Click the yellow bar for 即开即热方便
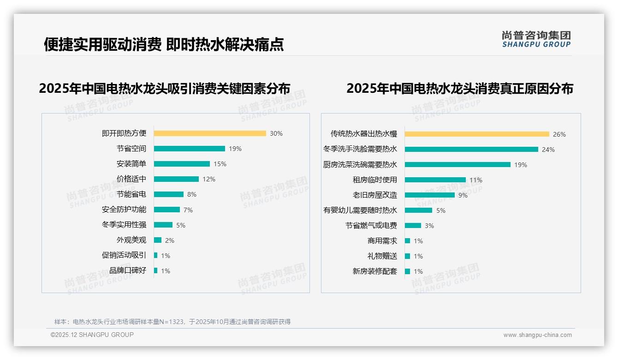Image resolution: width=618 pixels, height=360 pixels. [x=210, y=133]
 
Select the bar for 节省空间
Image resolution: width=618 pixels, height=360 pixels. [x=189, y=149]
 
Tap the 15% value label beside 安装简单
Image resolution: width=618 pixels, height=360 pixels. [x=220, y=164]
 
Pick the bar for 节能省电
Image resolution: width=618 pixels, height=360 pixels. [x=168, y=194]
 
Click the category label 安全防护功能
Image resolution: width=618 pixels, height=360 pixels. [x=124, y=210]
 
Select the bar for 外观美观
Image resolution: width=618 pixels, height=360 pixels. [x=158, y=240]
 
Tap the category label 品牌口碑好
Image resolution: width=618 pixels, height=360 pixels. [x=127, y=270]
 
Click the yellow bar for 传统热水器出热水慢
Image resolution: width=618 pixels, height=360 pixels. [x=477, y=134]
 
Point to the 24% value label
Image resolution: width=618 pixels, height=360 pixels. [x=548, y=150]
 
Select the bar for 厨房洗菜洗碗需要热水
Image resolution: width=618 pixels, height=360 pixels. [x=458, y=165]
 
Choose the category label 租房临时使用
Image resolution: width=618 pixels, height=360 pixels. [x=374, y=180]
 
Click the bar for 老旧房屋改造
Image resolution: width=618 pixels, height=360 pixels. [x=429, y=195]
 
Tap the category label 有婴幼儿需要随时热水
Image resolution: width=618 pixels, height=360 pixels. [x=360, y=210]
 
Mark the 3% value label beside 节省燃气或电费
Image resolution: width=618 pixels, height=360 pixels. [x=429, y=226]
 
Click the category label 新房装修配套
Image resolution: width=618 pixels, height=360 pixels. [x=374, y=271]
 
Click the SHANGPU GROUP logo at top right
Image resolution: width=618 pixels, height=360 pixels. [x=536, y=39]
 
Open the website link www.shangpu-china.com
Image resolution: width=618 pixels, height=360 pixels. [x=537, y=335]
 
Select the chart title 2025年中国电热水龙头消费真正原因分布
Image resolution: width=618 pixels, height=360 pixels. [x=459, y=88]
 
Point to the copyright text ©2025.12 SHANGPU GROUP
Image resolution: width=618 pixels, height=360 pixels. [x=92, y=335]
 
